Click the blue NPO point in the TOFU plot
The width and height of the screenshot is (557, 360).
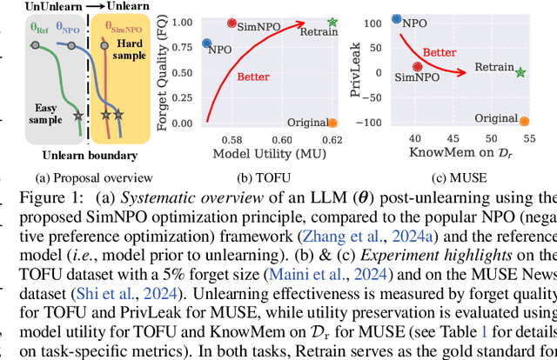[206, 43]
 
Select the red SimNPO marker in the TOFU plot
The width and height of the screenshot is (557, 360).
[232, 23]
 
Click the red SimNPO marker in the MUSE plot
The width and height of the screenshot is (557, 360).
[418, 65]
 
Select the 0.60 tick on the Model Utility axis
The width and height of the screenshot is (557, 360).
[283, 140]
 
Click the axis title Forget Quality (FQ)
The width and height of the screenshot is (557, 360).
[162, 70]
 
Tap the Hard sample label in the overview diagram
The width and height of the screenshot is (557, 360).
[130, 50]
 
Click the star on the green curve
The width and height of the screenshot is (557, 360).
[79, 114]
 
